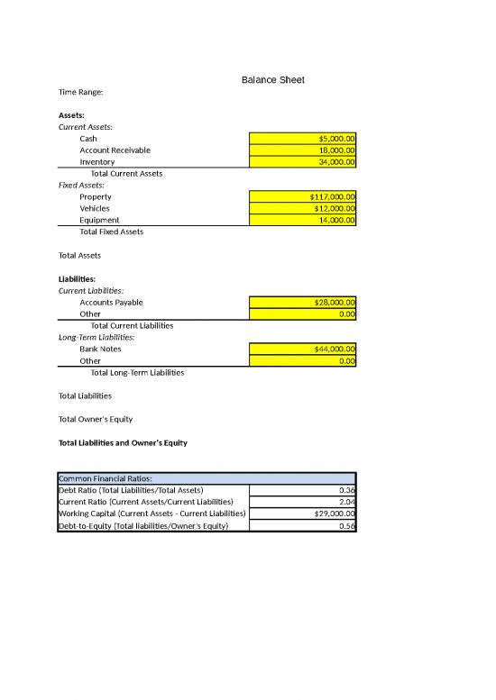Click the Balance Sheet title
[x=273, y=80]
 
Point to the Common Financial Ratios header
[x=106, y=478]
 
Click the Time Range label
[x=80, y=92]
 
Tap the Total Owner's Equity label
[x=96, y=419]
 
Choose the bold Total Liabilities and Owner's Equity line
[x=123, y=443]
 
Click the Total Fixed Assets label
[x=111, y=232]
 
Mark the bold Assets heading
[x=72, y=115]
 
